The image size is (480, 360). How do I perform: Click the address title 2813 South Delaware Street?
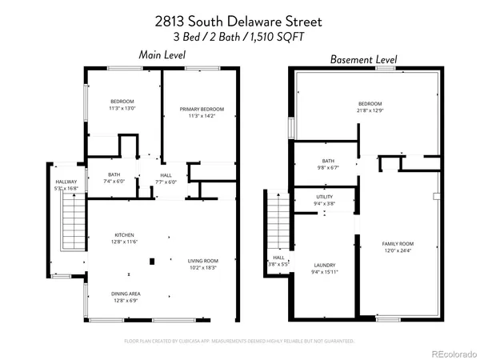239,22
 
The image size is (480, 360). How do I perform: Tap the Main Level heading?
162,55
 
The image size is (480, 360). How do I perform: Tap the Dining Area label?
126,294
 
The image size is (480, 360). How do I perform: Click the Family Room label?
397,243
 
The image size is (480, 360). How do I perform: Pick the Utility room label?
324,197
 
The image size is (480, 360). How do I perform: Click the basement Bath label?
328,160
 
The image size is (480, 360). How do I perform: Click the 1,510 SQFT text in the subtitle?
283,37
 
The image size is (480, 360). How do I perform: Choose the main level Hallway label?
66,182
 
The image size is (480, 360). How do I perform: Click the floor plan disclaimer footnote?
239,341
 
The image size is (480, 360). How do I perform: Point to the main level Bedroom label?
122,102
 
